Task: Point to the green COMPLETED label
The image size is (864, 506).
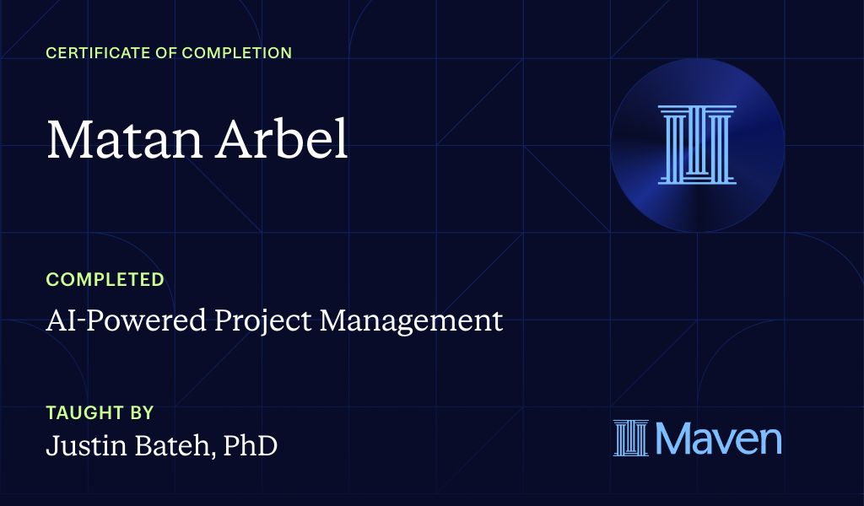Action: click(105, 279)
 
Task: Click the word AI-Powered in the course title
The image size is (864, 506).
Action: click(114, 321)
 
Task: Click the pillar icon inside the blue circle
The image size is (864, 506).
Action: click(697, 145)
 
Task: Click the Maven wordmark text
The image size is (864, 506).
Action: click(718, 439)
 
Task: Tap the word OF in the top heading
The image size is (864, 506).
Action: click(163, 53)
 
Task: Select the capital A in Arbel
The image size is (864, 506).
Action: click(237, 140)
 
